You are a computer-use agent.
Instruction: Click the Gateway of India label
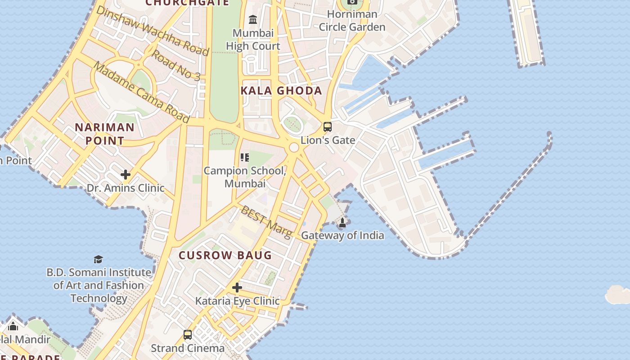tap(342, 235)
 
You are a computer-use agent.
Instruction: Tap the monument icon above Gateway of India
tap(342, 222)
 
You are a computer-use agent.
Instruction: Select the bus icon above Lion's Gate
tap(328, 127)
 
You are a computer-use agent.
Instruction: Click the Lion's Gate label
tap(328, 140)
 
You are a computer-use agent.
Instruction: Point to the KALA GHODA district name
tap(281, 90)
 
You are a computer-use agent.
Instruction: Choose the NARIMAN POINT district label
tap(104, 134)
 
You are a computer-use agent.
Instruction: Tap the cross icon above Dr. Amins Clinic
tap(126, 175)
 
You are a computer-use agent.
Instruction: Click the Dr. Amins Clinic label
tap(126, 188)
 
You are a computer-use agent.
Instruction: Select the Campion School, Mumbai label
tap(245, 177)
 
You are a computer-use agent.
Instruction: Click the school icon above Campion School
tap(245, 157)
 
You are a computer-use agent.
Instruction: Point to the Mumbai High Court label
tap(253, 40)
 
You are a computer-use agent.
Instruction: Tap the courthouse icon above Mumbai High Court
tap(253, 20)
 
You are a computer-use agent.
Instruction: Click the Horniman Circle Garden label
tap(352, 21)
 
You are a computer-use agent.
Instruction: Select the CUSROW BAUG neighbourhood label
tap(225, 256)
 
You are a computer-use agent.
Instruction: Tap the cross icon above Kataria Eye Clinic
tap(237, 288)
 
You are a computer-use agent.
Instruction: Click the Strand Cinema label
tap(188, 348)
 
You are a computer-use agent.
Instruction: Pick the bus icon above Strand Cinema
tap(188, 335)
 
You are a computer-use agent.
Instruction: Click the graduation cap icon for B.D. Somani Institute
tap(98, 259)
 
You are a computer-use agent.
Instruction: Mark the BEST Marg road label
tap(266, 221)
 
